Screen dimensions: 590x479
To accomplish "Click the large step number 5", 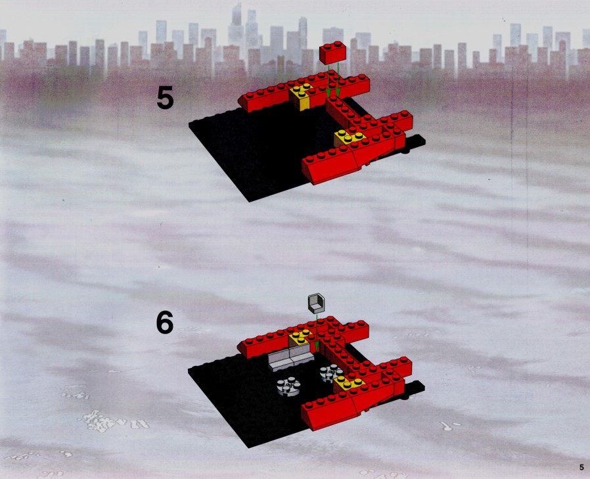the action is (165, 98).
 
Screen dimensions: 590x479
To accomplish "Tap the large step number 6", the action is (165, 323).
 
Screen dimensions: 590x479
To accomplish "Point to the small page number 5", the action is (581, 468).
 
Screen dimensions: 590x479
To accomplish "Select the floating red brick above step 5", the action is (332, 53).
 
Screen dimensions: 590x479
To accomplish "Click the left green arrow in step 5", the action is (329, 81).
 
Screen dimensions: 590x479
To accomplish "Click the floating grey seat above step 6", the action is (316, 304).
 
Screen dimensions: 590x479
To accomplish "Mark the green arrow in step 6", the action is (317, 333).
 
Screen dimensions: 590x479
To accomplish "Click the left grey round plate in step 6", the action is (288, 386).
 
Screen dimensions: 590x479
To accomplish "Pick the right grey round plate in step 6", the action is (330, 373).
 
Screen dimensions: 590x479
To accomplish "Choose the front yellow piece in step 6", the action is (349, 383).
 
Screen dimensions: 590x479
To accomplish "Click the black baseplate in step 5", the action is (256, 150).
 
